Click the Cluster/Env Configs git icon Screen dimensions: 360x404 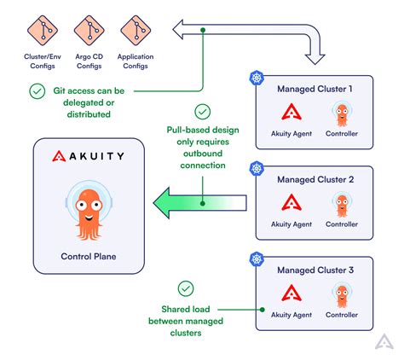(x=39, y=31)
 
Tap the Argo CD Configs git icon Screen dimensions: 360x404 (x=86, y=31)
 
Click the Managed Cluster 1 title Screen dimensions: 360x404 (x=315, y=89)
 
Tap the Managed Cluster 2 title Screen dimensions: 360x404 (x=315, y=180)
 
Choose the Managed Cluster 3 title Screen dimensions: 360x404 (x=315, y=271)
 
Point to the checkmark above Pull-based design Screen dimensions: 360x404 (x=202, y=111)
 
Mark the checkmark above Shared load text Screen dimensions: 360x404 (x=185, y=288)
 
